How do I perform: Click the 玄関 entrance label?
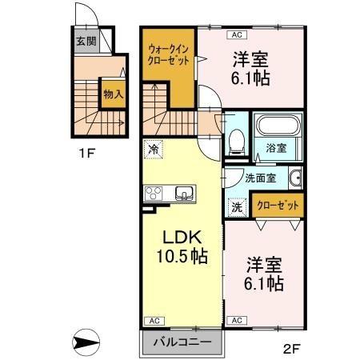point(86,42)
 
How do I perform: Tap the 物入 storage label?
point(113,94)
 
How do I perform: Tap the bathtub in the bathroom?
point(277,126)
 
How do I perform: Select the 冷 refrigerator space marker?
point(152,149)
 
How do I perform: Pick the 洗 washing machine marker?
point(238,206)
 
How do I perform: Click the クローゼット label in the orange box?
point(277,205)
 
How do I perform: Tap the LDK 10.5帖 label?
point(182,247)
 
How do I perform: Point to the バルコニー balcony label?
point(182,342)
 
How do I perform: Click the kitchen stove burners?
point(154,193)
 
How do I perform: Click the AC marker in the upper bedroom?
point(237,34)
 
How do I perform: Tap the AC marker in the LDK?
point(154,320)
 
